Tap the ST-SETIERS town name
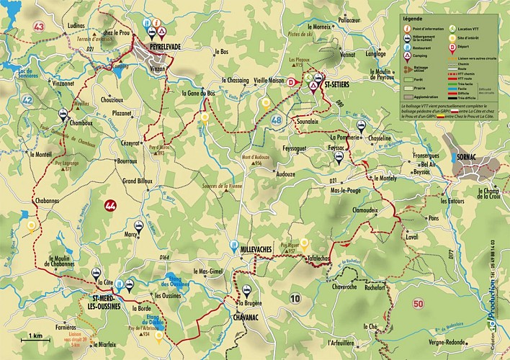pyautogui.click(x=339, y=84)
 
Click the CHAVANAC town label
pyautogui.click(x=249, y=315)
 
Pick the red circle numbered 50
pyautogui.click(x=418, y=304)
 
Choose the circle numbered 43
pyautogui.click(x=38, y=27)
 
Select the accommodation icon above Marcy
pyautogui.click(x=138, y=225)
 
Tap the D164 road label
pyautogui.click(x=164, y=256)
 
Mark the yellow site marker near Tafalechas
pyautogui.click(x=304, y=243)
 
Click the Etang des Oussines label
pyautogui.click(x=176, y=282)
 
